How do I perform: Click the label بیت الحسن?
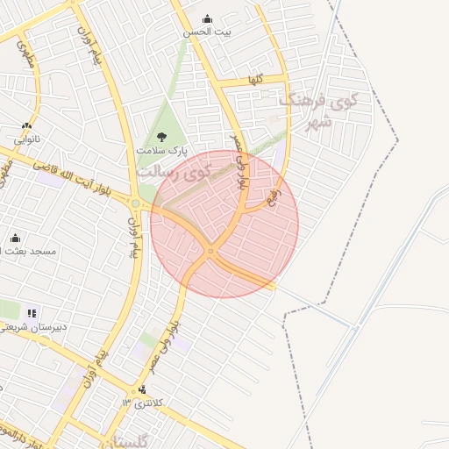(207, 32)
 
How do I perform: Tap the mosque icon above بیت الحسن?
(207, 18)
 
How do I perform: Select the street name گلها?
(256, 80)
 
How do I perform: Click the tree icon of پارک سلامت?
(161, 136)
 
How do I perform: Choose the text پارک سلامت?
(161, 150)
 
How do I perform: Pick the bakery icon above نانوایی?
(26, 125)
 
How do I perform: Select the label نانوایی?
(26, 139)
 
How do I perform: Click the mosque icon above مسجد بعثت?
(15, 238)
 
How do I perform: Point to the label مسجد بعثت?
(31, 251)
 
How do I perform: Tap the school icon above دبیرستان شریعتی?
(32, 312)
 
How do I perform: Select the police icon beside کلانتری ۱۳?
(143, 390)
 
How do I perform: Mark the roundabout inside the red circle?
(210, 253)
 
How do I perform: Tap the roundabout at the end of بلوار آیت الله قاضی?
(136, 203)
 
